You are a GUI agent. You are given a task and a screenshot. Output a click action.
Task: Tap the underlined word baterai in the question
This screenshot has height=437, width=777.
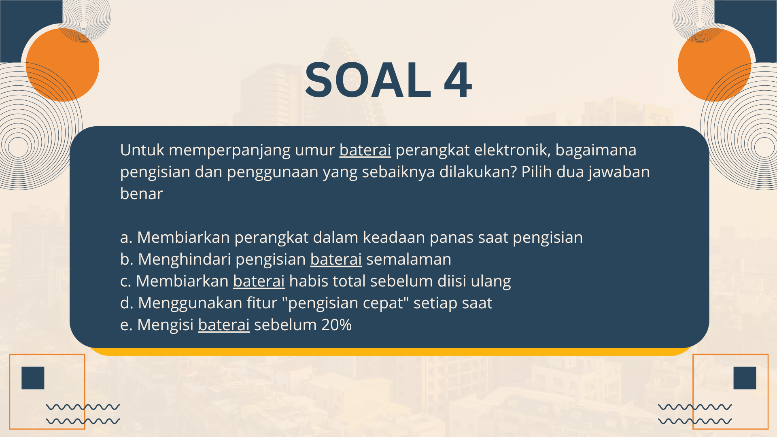(x=365, y=150)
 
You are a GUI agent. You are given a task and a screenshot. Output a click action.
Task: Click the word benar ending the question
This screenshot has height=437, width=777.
(x=141, y=194)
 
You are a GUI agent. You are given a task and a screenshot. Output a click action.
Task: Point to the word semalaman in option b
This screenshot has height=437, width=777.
(x=409, y=259)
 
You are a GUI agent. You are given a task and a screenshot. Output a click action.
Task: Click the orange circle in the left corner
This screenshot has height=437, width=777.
(x=62, y=65)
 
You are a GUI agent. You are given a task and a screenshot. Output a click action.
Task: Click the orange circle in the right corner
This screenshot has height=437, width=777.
(x=715, y=65)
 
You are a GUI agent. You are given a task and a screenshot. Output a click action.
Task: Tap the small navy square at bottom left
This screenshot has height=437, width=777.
(x=33, y=378)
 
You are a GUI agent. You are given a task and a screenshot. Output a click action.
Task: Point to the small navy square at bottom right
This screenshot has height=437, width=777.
(x=745, y=378)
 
